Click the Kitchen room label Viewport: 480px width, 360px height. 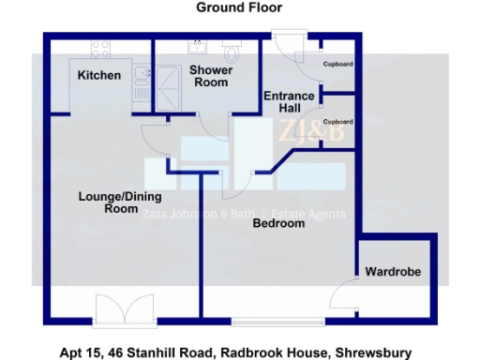click(98, 75)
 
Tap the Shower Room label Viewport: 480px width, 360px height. click(208, 76)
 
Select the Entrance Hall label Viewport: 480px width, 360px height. click(281, 102)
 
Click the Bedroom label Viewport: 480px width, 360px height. click(278, 224)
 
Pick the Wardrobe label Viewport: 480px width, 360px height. click(393, 272)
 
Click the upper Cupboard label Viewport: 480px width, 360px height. click(337, 64)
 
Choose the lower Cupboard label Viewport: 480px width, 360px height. click(337, 122)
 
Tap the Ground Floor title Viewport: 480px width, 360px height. click(239, 7)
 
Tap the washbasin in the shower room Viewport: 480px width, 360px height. click(199, 48)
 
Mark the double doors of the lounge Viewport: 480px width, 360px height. click(124, 310)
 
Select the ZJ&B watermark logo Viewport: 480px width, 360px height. click(307, 134)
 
